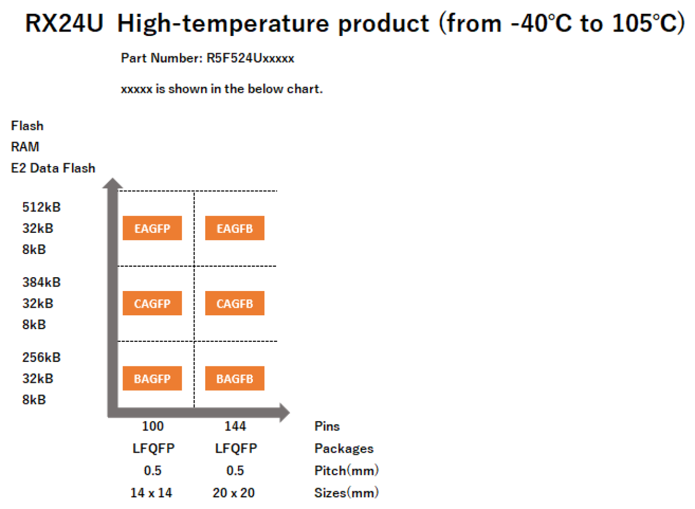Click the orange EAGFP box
point(152,228)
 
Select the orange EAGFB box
point(235,228)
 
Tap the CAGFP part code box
point(152,303)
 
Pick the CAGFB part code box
point(235,303)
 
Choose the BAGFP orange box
point(152,378)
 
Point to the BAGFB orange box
point(235,378)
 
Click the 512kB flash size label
point(42,207)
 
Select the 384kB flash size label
point(42,282)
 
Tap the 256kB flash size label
point(42,357)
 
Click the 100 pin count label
point(153,426)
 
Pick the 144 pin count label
point(235,426)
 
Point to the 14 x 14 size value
point(151,493)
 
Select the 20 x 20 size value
point(234,493)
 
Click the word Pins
point(327,426)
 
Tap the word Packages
point(344,449)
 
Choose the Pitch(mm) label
point(346,471)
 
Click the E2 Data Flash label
point(53,168)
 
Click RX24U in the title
point(64,24)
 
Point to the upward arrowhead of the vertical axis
point(113,184)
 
